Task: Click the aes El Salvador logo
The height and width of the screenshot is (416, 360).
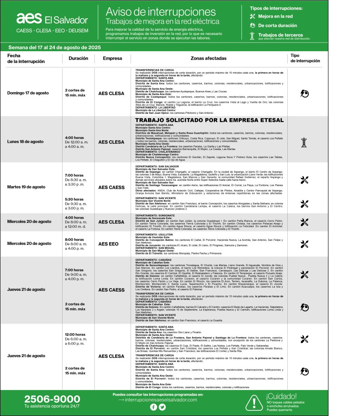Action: pyautogui.click(x=52, y=19)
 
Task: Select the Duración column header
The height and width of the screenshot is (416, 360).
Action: pyautogui.click(x=78, y=58)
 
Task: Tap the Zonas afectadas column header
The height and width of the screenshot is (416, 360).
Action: pyautogui.click(x=209, y=58)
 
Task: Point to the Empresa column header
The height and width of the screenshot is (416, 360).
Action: pyautogui.click(x=112, y=58)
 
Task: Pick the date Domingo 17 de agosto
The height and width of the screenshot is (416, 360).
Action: pyautogui.click(x=28, y=93)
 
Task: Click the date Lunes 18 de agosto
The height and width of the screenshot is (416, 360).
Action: pyautogui.click(x=25, y=142)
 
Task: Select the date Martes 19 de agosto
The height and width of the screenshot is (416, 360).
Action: pyautogui.click(x=26, y=187)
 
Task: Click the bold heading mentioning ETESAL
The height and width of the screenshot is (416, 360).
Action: pyautogui.click(x=209, y=120)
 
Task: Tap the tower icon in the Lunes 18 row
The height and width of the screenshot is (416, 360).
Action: pyautogui.click(x=304, y=142)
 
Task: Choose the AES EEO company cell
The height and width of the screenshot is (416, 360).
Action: pyautogui.click(x=108, y=244)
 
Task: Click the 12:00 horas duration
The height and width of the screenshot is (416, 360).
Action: pyautogui.click(x=75, y=335)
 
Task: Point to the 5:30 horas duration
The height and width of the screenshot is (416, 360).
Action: pyautogui.click(x=74, y=199)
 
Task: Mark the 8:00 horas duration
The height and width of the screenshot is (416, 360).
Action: pyautogui.click(x=74, y=240)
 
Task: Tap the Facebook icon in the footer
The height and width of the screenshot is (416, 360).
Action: pyautogui.click(x=153, y=407)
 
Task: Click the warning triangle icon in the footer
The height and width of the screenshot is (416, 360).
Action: pyautogui.click(x=254, y=402)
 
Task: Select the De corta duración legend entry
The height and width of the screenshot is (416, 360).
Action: pyautogui.click(x=277, y=26)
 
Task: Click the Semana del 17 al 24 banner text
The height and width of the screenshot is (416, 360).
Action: pyautogui.click(x=54, y=47)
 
